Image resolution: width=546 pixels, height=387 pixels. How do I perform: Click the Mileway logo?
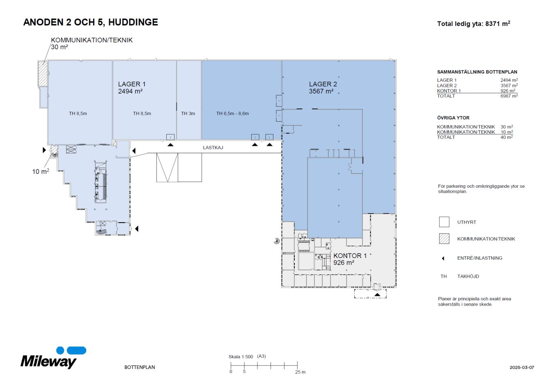[x=53, y=357]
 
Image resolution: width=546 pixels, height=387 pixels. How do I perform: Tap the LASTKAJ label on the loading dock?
[x=213, y=147]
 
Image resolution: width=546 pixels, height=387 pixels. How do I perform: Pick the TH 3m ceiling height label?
[x=188, y=113]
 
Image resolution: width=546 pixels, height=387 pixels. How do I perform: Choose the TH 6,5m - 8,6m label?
[x=232, y=113]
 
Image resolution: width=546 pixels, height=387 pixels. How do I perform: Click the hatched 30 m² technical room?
[x=43, y=74]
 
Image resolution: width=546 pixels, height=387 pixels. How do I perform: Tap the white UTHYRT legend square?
[x=444, y=222]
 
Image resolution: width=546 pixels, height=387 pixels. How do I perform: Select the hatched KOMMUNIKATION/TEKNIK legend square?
[x=444, y=239]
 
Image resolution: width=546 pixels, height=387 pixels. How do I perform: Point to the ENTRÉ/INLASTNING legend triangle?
[x=443, y=258]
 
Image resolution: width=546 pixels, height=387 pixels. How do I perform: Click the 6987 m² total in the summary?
[x=509, y=96]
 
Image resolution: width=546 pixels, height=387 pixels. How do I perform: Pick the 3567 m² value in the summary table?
[x=509, y=85]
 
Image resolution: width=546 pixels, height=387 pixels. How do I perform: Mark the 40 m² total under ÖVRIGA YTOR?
[x=507, y=137]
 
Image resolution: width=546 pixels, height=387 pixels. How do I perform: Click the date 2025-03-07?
[x=522, y=368]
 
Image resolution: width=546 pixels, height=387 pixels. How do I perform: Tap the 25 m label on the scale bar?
[x=301, y=372]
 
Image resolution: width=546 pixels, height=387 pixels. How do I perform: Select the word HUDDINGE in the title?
[x=133, y=22]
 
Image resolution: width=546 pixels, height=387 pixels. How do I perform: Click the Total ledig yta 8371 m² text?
[x=474, y=24]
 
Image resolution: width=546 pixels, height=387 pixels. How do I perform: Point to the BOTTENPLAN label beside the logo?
[x=140, y=367]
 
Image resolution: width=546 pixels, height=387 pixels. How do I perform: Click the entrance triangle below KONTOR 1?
[x=377, y=295]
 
